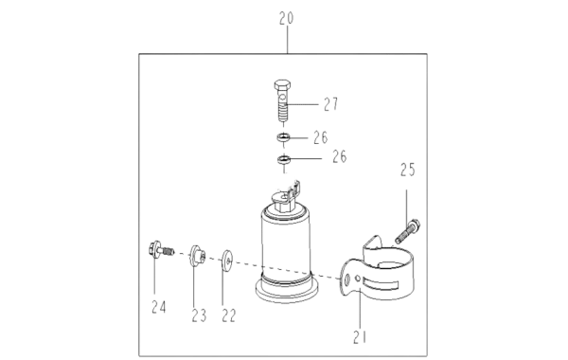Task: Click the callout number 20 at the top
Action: tap(286, 18)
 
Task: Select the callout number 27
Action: tap(330, 104)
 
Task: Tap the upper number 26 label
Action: tap(321, 137)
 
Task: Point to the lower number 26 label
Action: tap(340, 157)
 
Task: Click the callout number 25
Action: tap(407, 170)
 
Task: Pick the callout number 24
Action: tap(159, 308)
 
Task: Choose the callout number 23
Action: tap(199, 315)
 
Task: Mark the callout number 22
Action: tap(229, 315)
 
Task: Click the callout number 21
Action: tap(360, 337)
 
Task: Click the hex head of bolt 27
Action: tap(282, 85)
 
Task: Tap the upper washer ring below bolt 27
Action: tap(284, 137)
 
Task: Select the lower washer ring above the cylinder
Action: tap(284, 159)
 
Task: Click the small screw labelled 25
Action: tap(407, 231)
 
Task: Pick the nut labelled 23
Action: tap(197, 256)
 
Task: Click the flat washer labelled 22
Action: tap(227, 260)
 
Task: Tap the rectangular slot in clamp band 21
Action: tap(382, 285)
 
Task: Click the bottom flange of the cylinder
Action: tap(287, 291)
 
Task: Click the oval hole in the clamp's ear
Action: tap(347, 279)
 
